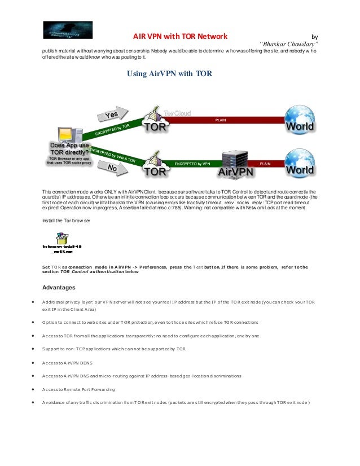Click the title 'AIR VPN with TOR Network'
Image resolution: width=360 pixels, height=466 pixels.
180,36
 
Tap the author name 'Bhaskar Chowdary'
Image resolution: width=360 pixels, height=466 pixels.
290,44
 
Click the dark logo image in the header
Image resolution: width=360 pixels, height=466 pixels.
68,30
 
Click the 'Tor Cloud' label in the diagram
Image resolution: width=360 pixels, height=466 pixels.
177,113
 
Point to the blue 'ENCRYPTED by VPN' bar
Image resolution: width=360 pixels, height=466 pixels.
192,164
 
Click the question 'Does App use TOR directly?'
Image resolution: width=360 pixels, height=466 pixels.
69,148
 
